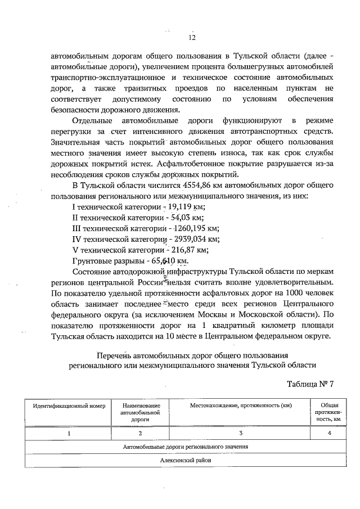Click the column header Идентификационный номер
point(69,406)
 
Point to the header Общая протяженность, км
point(329,412)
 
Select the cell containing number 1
point(69,434)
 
